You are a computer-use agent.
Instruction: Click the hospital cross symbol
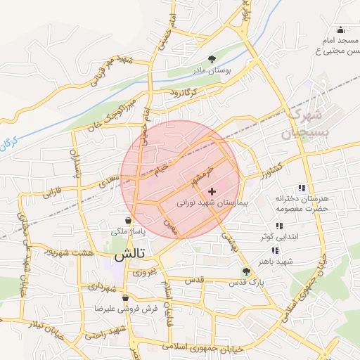[212, 191]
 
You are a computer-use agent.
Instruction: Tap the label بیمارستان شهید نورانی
[210, 202]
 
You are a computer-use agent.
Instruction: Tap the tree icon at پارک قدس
[246, 271]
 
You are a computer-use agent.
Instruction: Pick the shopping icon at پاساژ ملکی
[127, 220]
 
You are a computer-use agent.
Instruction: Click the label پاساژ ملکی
[127, 231]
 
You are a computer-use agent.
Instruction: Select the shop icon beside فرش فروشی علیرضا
[125, 298]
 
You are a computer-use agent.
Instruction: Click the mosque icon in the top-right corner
[341, 30]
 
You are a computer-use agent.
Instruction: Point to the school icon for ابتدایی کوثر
[278, 226]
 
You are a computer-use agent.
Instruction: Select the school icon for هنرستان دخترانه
[302, 188]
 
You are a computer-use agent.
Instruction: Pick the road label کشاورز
[269, 169]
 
